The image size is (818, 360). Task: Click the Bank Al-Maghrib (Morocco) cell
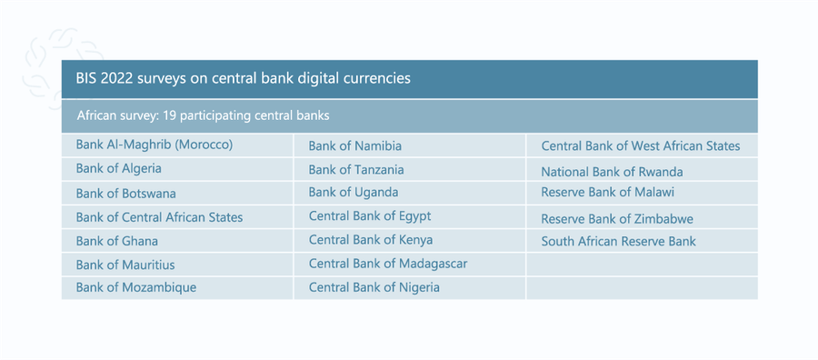pyautogui.click(x=155, y=145)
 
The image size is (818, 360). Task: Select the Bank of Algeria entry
pyautogui.click(x=119, y=168)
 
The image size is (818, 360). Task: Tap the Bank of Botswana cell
pyautogui.click(x=126, y=193)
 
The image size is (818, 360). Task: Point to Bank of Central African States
pyautogui.click(x=159, y=217)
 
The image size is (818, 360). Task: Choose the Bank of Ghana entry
pyautogui.click(x=117, y=241)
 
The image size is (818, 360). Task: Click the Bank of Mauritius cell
pyautogui.click(x=125, y=265)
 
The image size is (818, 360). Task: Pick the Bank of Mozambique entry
pyautogui.click(x=136, y=287)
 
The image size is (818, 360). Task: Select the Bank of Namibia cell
pyautogui.click(x=355, y=145)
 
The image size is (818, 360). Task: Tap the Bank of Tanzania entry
pyautogui.click(x=356, y=169)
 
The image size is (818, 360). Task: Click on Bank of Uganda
pyautogui.click(x=354, y=192)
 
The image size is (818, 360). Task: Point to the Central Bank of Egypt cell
pyautogui.click(x=370, y=215)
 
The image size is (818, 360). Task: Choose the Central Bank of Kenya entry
pyautogui.click(x=371, y=240)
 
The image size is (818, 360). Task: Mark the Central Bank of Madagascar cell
pyautogui.click(x=388, y=264)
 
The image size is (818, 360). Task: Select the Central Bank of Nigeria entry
pyautogui.click(x=374, y=287)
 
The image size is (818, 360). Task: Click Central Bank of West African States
pyautogui.click(x=641, y=145)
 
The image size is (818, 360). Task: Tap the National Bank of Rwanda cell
pyautogui.click(x=612, y=172)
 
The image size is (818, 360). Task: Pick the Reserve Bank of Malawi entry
pyautogui.click(x=608, y=192)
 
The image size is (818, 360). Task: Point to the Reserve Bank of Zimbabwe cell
pyautogui.click(x=617, y=219)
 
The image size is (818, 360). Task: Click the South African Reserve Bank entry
pyautogui.click(x=618, y=241)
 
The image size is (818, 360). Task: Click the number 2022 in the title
pyautogui.click(x=115, y=78)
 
